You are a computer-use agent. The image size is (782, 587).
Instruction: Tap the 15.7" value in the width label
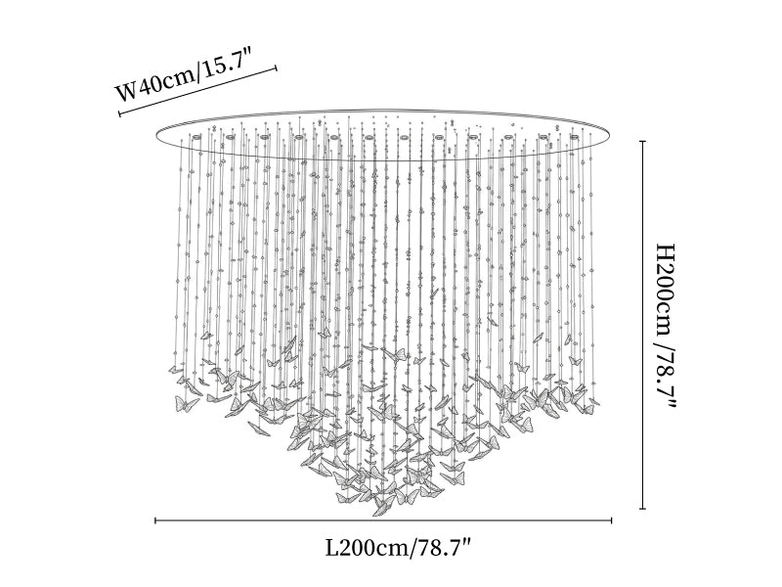pos(225,68)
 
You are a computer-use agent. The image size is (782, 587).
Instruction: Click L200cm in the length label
pos(369,548)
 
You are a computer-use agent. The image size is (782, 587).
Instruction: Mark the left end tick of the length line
pos(155,521)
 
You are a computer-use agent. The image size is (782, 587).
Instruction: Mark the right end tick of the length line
pos(612,521)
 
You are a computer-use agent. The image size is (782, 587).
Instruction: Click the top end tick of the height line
pos(643,142)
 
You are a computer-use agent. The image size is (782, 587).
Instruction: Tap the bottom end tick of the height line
pos(643,509)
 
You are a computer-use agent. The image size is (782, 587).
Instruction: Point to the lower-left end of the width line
pos(119,113)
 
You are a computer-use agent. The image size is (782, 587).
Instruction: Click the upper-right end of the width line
pos(276,68)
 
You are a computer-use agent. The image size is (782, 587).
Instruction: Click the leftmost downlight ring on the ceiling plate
pos(197,137)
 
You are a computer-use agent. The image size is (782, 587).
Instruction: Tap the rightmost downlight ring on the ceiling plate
pos(575,136)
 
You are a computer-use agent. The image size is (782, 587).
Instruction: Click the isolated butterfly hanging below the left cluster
pos(258,428)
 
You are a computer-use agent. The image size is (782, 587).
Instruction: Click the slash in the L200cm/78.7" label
pos(413,549)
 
